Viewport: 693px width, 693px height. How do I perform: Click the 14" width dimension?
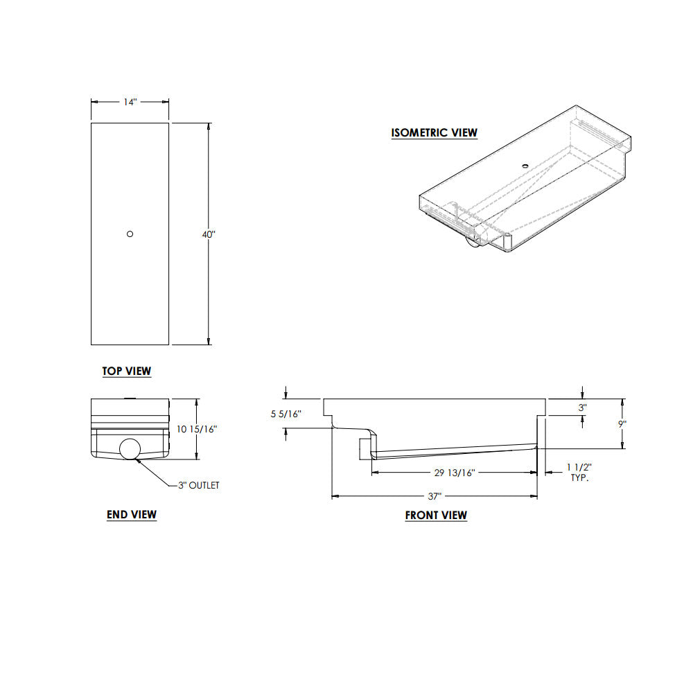(130, 102)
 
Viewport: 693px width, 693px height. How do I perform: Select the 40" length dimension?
(209, 235)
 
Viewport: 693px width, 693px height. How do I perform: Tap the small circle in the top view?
(130, 234)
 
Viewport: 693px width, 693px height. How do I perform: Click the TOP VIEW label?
(127, 371)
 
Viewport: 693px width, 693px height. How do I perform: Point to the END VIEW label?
(132, 515)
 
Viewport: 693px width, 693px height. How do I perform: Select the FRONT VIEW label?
(436, 516)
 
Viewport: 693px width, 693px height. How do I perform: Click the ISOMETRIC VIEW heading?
(435, 133)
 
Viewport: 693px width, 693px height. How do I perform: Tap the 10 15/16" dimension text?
(197, 429)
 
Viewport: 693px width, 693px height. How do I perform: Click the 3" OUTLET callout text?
(199, 485)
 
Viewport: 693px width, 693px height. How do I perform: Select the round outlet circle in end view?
(130, 449)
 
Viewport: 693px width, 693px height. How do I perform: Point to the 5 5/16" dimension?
(286, 414)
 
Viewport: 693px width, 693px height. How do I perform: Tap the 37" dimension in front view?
(435, 496)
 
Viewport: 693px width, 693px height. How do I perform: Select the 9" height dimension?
(622, 423)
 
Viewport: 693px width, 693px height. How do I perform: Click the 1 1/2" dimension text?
(579, 468)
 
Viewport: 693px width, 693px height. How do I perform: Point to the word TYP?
(579, 478)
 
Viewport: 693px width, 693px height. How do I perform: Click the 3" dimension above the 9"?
(583, 408)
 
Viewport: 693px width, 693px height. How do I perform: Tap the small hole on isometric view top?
(525, 166)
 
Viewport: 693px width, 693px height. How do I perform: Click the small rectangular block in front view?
(365, 449)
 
